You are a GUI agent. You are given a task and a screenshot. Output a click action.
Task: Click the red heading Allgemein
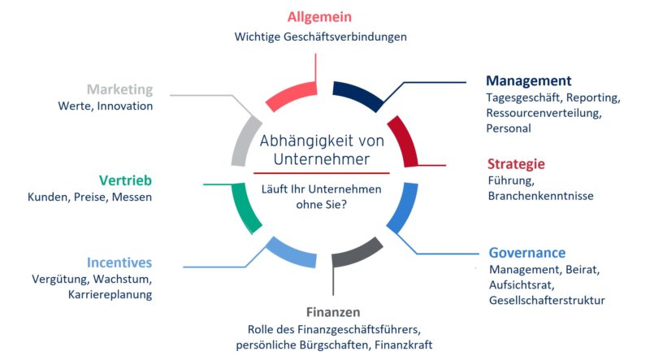coord(319,17)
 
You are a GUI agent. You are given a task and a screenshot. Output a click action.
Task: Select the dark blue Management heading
coord(529,80)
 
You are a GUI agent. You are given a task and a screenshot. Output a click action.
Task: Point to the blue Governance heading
coord(526,253)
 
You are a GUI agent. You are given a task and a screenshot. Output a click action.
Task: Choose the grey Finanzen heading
coord(333,311)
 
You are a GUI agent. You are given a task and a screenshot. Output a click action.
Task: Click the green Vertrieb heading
coord(125,180)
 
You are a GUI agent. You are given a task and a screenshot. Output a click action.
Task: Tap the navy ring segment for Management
coord(358,94)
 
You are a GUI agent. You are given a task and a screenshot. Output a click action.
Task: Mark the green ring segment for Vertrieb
coord(243,206)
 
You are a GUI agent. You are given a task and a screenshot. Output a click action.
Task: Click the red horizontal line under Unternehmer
coord(322,173)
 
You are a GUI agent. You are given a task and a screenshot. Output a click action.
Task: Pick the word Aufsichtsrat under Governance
coord(522,285)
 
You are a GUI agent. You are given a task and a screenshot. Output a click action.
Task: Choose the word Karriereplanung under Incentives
coord(110,294)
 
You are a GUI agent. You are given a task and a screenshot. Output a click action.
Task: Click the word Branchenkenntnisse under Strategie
coord(540,196)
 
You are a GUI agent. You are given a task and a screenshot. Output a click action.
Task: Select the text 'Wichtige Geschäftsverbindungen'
coord(320,37)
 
